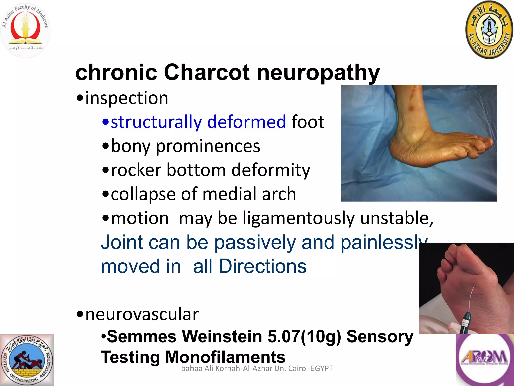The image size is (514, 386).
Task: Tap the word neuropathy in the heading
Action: pyautogui.click(x=318, y=73)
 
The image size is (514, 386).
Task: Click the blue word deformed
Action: pyautogui.click(x=246, y=122)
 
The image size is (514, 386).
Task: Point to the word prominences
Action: pyautogui.click(x=208, y=146)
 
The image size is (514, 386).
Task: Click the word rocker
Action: pyautogui.click(x=136, y=170)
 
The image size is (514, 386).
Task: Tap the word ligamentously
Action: pyautogui.click(x=298, y=218)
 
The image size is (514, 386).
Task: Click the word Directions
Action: pyautogui.click(x=262, y=266)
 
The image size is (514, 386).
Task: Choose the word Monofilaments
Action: pyautogui.click(x=225, y=357)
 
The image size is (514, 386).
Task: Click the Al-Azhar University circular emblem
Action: pyautogui.click(x=489, y=30)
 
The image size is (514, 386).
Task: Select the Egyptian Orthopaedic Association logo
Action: pyautogui.click(x=27, y=360)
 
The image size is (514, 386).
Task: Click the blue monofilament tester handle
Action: pyautogui.click(x=466, y=321)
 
